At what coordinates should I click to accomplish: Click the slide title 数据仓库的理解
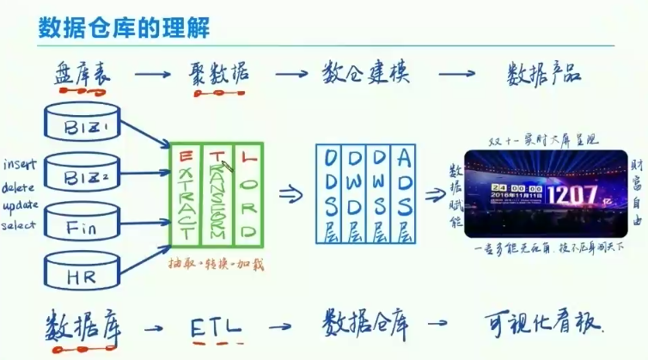tap(124, 27)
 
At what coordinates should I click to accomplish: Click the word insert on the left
tap(18, 163)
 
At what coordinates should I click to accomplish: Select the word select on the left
tap(20, 225)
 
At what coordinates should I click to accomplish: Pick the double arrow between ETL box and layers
tap(291, 193)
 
